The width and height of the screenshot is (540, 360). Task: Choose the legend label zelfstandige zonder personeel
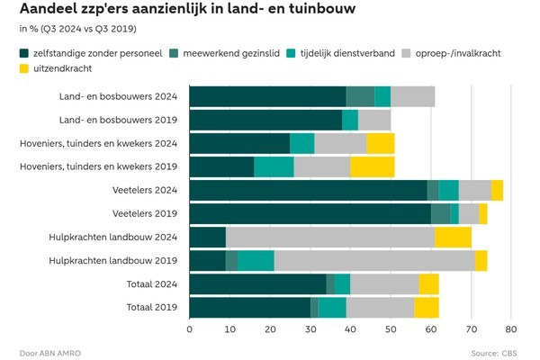[95, 53]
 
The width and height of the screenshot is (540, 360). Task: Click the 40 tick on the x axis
[350, 328]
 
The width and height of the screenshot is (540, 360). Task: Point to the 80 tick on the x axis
[510, 328]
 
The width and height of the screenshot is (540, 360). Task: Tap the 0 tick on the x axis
[190, 328]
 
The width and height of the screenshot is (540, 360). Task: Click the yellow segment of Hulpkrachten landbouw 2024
[453, 237]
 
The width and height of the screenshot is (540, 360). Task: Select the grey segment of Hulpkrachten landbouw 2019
[374, 260]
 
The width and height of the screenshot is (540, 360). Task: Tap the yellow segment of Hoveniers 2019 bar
[373, 166]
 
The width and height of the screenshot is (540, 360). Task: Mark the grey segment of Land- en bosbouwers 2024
[412, 96]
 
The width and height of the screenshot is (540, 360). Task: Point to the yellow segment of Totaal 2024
[428, 283]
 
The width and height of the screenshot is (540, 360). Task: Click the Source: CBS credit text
[497, 352]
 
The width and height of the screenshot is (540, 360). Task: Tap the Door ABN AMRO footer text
[49, 352]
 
